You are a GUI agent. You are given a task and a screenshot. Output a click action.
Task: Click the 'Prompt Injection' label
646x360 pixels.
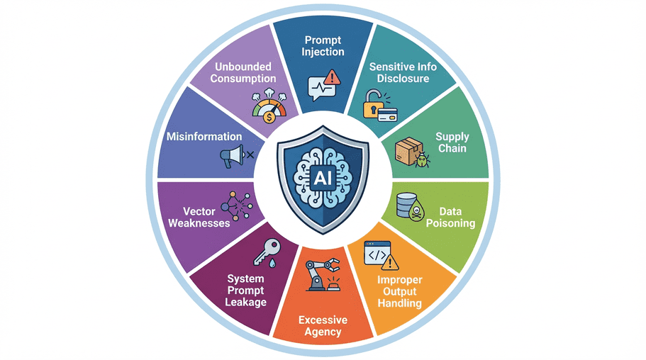323,46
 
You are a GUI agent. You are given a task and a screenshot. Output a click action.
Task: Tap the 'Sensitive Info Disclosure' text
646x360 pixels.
403,72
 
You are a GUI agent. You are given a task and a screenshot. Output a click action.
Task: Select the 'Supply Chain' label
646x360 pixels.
452,142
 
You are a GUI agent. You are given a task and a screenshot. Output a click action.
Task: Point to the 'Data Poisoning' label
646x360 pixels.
450,217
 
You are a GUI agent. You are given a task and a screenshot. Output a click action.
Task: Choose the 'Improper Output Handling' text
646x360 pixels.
400,292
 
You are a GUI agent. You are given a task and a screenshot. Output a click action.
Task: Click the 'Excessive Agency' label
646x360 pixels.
323,326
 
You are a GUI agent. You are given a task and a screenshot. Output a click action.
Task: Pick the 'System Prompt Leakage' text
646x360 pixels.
245,291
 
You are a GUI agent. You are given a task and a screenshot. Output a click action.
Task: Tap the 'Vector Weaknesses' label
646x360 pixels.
199,217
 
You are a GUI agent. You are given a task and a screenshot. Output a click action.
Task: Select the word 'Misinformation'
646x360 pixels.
204,136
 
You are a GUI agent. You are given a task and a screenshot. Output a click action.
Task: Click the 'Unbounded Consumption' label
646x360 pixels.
243,72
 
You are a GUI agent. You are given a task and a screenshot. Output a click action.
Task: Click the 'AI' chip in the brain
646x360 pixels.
323,178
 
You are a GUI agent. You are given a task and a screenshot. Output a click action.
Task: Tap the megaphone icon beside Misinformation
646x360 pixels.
232,156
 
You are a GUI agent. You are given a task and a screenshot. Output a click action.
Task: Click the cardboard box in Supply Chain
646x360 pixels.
408,151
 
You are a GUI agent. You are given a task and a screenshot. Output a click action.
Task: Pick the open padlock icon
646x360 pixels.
373,103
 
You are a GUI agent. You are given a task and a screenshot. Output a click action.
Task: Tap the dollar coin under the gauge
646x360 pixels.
269,118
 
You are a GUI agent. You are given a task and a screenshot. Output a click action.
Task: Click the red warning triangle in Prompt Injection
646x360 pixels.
332,77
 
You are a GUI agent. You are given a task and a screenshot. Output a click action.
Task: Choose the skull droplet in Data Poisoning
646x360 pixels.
417,211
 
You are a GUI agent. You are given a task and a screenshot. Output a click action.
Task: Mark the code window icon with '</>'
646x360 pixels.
377,253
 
